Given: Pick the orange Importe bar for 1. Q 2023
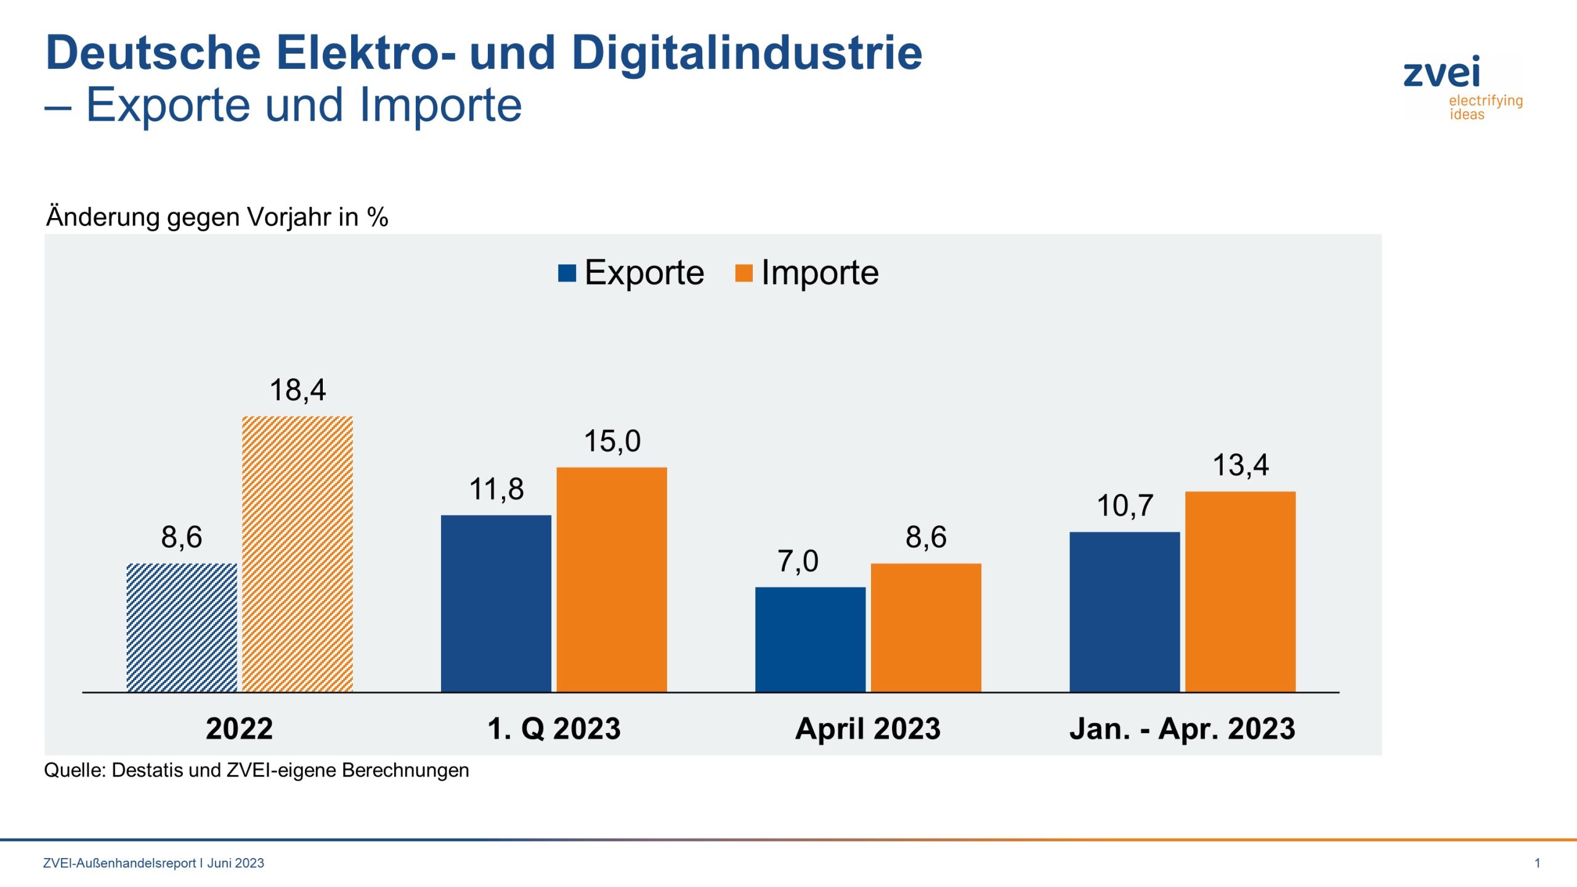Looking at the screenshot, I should [x=612, y=579].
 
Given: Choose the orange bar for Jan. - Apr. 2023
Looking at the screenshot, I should [x=1240, y=591].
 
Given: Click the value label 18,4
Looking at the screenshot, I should [x=298, y=390].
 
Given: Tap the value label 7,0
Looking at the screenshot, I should [x=798, y=561].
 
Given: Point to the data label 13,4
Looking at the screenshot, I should [x=1240, y=465].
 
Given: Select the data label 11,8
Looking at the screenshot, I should [x=497, y=490].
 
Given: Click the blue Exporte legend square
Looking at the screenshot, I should [x=567, y=273].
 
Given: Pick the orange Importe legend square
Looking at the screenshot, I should [x=744, y=273].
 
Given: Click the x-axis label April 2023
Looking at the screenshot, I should [x=867, y=729].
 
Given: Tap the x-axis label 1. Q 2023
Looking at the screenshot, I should [x=554, y=729].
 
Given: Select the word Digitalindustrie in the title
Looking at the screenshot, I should [x=746, y=53].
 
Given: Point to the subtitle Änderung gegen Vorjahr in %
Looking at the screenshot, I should [x=217, y=217].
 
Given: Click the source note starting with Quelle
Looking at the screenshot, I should [x=256, y=770].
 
